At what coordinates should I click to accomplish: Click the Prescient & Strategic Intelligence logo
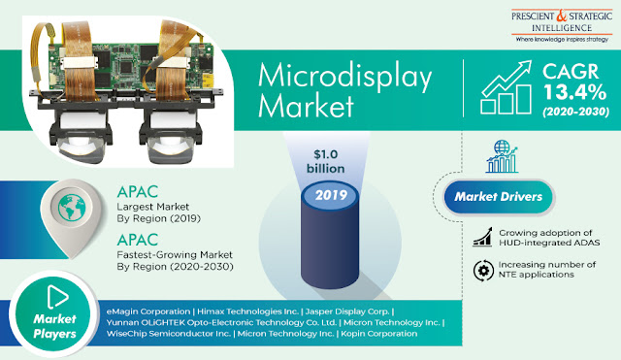[562, 26]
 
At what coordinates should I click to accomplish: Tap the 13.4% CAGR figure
[574, 92]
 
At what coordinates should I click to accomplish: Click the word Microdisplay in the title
[345, 78]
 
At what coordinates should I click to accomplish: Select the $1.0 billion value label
[326, 161]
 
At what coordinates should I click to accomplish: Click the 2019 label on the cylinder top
[331, 195]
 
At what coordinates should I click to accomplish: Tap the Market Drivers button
[498, 197]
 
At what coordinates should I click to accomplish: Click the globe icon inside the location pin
[72, 207]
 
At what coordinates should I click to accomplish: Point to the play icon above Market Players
[57, 296]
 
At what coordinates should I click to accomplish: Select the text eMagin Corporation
[148, 311]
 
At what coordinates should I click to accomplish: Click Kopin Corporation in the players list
[378, 334]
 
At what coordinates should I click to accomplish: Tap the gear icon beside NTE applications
[483, 271]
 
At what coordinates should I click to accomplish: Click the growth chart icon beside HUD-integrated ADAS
[482, 237]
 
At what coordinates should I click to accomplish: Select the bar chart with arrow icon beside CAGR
[506, 87]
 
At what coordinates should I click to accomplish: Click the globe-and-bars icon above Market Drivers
[502, 156]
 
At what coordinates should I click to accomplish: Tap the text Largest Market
[153, 207]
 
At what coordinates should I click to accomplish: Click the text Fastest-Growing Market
[175, 254]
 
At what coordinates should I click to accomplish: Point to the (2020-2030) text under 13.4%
[575, 112]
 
